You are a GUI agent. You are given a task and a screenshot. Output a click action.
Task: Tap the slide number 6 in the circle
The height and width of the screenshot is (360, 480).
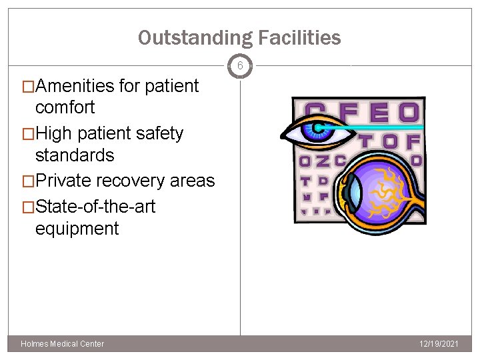(240, 65)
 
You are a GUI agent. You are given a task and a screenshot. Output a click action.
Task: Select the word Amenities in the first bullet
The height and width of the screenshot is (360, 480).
(75, 86)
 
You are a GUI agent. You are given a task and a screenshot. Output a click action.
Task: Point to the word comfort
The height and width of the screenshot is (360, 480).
(65, 107)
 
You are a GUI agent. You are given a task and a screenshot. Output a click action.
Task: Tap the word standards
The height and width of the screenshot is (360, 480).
(74, 155)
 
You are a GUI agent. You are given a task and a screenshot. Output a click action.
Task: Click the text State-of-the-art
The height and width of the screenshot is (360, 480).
(95, 207)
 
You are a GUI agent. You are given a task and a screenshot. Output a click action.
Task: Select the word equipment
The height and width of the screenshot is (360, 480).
(77, 229)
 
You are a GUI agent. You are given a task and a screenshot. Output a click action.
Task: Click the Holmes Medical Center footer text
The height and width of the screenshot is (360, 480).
(63, 344)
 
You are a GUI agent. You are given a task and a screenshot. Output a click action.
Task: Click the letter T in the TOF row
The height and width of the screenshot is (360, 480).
(366, 141)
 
